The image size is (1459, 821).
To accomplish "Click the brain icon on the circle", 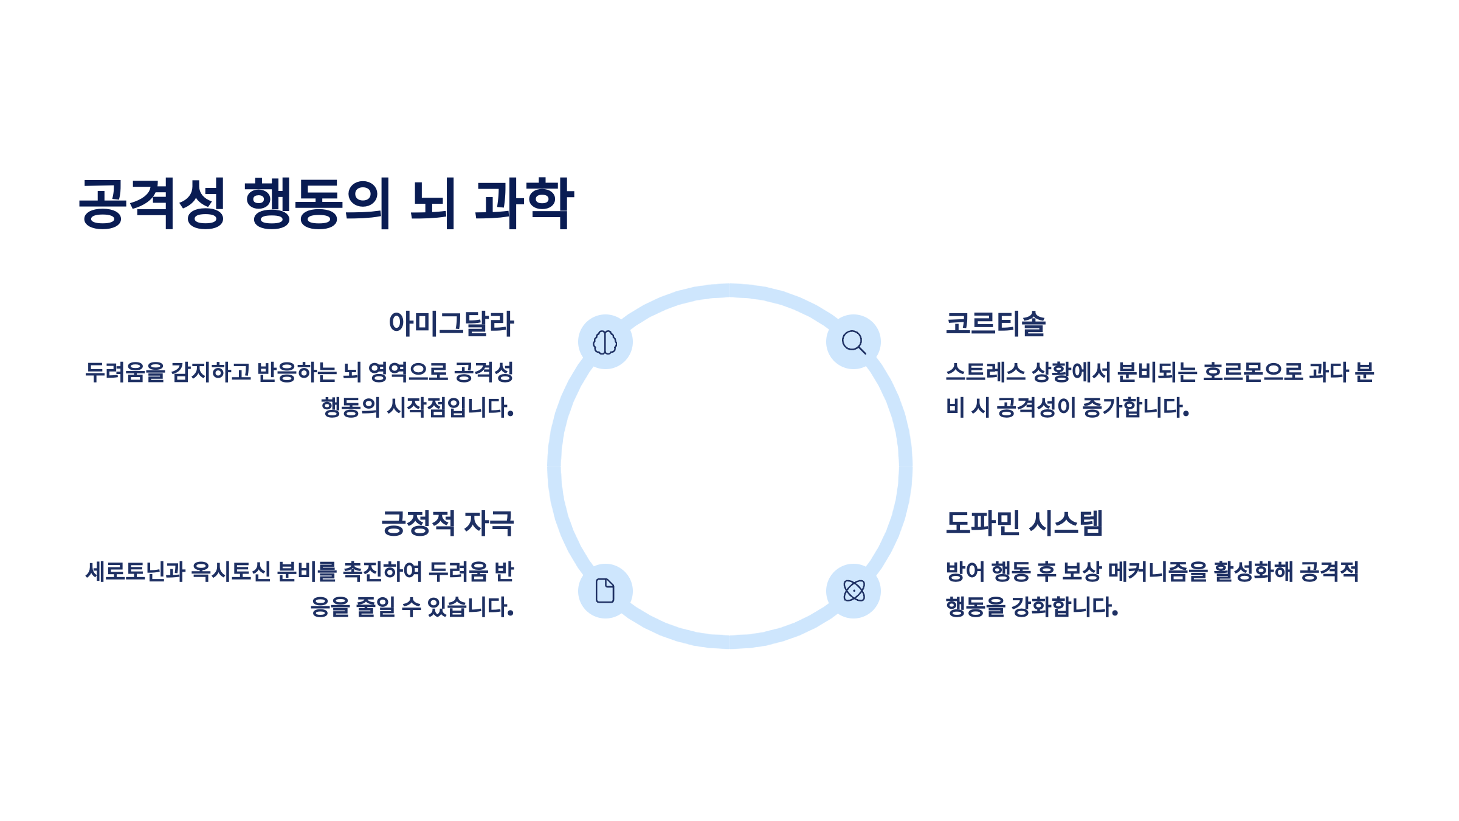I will (x=605, y=342).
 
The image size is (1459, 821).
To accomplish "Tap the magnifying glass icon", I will (x=854, y=342).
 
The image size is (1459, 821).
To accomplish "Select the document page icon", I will (x=605, y=591).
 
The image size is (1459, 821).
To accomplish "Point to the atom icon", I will (x=854, y=591).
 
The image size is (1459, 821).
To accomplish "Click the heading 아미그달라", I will (x=451, y=324).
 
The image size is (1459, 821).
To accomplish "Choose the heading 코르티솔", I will (x=996, y=324).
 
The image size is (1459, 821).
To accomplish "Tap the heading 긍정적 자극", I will (x=447, y=523).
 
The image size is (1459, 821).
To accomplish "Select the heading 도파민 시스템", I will (x=1024, y=523).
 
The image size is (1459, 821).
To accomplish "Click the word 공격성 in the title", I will (x=152, y=203).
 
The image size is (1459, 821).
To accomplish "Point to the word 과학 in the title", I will (x=524, y=203).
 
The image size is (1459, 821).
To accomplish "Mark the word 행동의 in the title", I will (x=317, y=203).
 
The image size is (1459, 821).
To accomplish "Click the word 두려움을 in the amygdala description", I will (x=125, y=372).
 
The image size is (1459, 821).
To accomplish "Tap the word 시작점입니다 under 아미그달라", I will (x=450, y=407).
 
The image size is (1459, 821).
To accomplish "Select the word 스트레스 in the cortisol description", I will (x=985, y=372).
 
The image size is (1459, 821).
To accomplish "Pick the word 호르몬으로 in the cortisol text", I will (x=1252, y=372).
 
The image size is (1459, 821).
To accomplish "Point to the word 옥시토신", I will (x=231, y=572).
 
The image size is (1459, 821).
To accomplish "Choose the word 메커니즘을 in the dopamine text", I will (x=1157, y=572).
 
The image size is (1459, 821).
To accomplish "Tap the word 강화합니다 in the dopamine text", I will (x=1064, y=607).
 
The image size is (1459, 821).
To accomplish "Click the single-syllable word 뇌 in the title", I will (x=433, y=203).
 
